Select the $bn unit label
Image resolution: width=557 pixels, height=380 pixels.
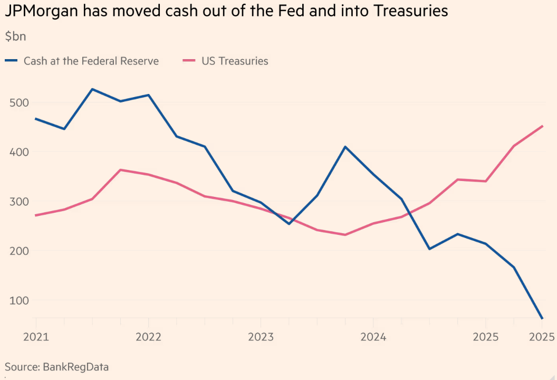(x=15, y=36)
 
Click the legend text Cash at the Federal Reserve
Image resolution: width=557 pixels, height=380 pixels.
(x=91, y=61)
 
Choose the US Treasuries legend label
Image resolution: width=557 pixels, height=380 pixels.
(x=235, y=61)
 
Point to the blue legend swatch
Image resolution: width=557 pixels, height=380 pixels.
(x=12, y=61)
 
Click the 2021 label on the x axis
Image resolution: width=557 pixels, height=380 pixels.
(x=36, y=337)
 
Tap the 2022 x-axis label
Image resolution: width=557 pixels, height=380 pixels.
(x=148, y=337)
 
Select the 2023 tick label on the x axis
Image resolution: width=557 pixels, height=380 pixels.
(x=261, y=337)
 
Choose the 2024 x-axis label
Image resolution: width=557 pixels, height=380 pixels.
(x=373, y=337)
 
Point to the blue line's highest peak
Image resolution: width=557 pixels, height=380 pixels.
(x=92, y=89)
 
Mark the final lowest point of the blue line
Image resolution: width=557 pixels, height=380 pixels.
(x=542, y=318)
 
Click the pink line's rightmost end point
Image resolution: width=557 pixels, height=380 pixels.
(x=542, y=126)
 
